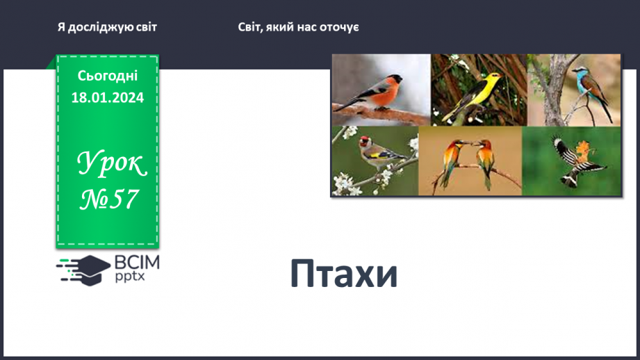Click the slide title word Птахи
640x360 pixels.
tap(343, 275)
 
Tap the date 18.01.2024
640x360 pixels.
tap(108, 98)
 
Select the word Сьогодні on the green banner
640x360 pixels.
tap(108, 76)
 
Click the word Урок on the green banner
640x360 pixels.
tap(111, 165)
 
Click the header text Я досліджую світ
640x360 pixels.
tap(108, 27)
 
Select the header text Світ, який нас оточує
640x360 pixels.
tap(298, 27)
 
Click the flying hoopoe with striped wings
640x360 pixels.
tap(573, 160)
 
